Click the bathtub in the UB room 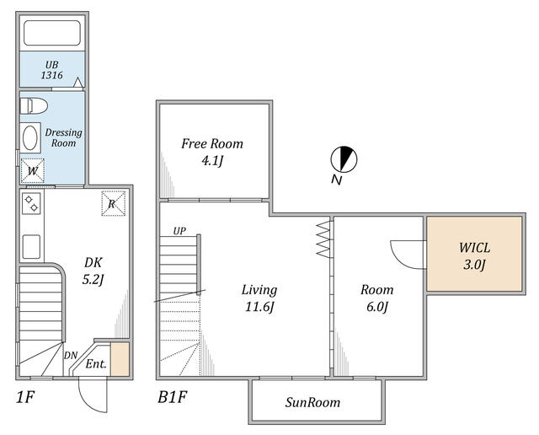click(52, 33)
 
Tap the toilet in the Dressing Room click(34, 105)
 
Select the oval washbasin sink click(30, 137)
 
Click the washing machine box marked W click(33, 170)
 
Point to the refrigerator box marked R click(113, 203)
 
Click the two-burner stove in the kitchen click(31, 203)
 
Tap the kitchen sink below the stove click(31, 246)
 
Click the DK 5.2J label click(93, 271)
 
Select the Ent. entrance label click(96, 363)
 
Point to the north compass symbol click(344, 159)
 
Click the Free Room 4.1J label click(212, 152)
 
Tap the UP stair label click(179, 231)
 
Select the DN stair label click(71, 355)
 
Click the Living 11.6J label click(259, 298)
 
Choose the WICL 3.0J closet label click(475, 256)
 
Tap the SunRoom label click(312, 402)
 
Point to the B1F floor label click(172, 398)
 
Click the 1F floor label click(25, 398)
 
